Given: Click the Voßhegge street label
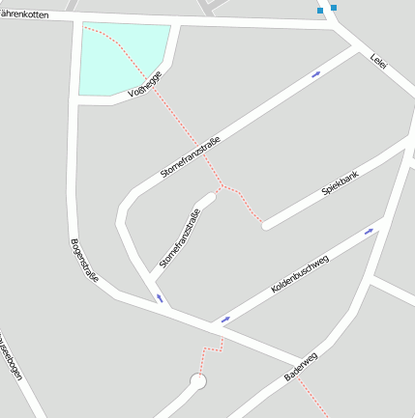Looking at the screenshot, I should pyautogui.click(x=144, y=86).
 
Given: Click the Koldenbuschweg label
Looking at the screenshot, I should pyautogui.click(x=300, y=274).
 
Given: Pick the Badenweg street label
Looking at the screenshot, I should pyautogui.click(x=301, y=365).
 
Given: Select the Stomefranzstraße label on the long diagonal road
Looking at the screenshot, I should pyautogui.click(x=191, y=157).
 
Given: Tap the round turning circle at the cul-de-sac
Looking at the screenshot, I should pyautogui.click(x=198, y=381).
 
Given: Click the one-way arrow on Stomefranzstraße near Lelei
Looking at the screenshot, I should pyautogui.click(x=315, y=73).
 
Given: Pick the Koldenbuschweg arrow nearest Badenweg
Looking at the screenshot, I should pyautogui.click(x=225, y=319).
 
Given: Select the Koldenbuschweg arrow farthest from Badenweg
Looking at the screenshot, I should pyautogui.click(x=368, y=232).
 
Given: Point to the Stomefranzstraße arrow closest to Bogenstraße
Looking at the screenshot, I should pyautogui.click(x=159, y=298).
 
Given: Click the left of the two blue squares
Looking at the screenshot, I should pyautogui.click(x=320, y=10).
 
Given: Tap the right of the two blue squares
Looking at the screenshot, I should pyautogui.click(x=333, y=7).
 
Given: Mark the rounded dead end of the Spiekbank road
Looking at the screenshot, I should pyautogui.click(x=266, y=226).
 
